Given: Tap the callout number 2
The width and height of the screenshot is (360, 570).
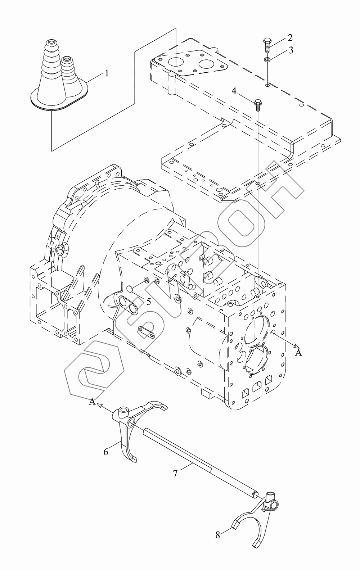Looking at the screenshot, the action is click(290, 37).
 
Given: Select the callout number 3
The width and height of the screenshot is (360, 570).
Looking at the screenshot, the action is click(291, 50).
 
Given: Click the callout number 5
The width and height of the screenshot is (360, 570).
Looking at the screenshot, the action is click(148, 301).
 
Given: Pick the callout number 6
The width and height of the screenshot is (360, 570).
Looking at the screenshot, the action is click(106, 452).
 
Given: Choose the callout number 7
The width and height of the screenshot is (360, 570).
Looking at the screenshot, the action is click(175, 474).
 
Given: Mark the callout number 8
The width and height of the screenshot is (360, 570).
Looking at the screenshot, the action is click(218, 535).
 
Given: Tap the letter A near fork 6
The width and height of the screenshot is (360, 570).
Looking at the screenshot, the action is click(93, 402).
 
